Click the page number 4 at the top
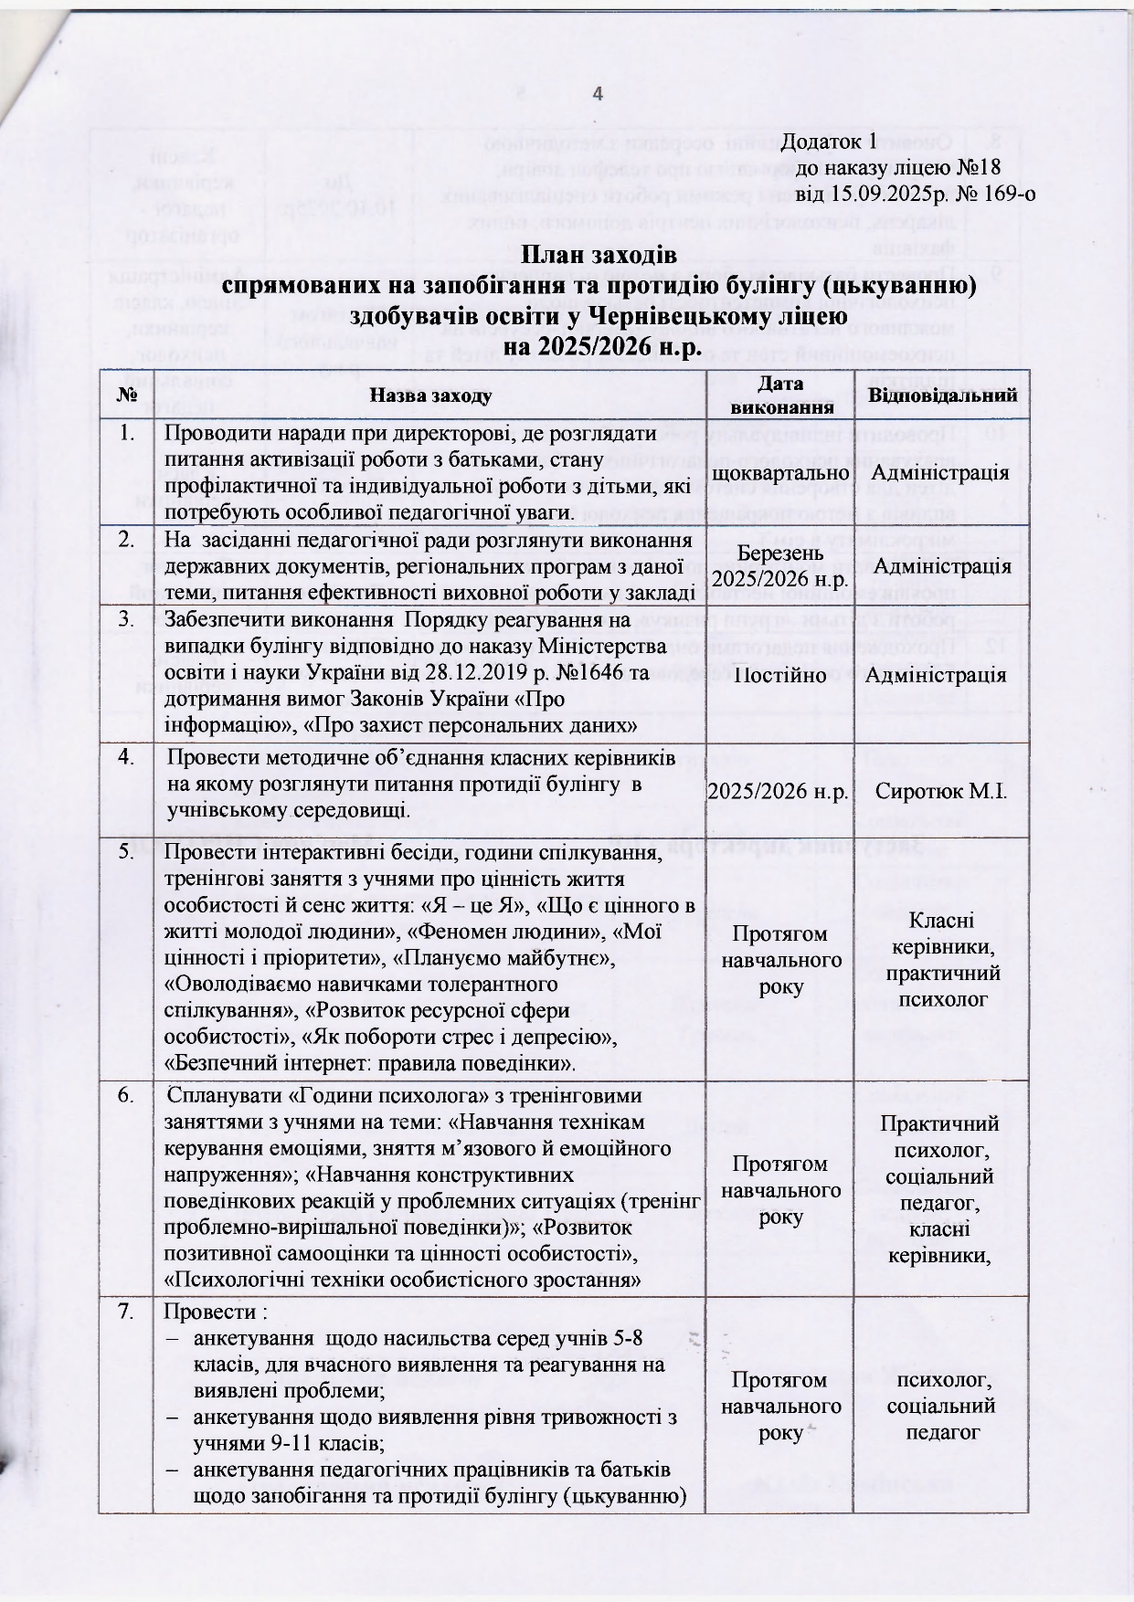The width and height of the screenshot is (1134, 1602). pyautogui.click(x=598, y=94)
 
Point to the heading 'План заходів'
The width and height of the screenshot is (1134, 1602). pyautogui.click(x=599, y=255)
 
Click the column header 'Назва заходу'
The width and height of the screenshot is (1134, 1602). pyautogui.click(x=430, y=395)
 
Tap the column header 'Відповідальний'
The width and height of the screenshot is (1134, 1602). pyautogui.click(x=942, y=395)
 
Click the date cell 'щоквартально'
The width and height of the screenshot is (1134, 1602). pyautogui.click(x=780, y=473)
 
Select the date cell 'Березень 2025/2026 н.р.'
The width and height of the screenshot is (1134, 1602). pyautogui.click(x=780, y=566)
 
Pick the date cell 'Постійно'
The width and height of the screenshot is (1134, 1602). pyautogui.click(x=780, y=675)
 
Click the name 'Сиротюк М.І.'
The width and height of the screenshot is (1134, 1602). pyautogui.click(x=942, y=791)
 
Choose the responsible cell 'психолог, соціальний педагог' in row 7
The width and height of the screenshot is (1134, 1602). pyautogui.click(x=942, y=1406)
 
